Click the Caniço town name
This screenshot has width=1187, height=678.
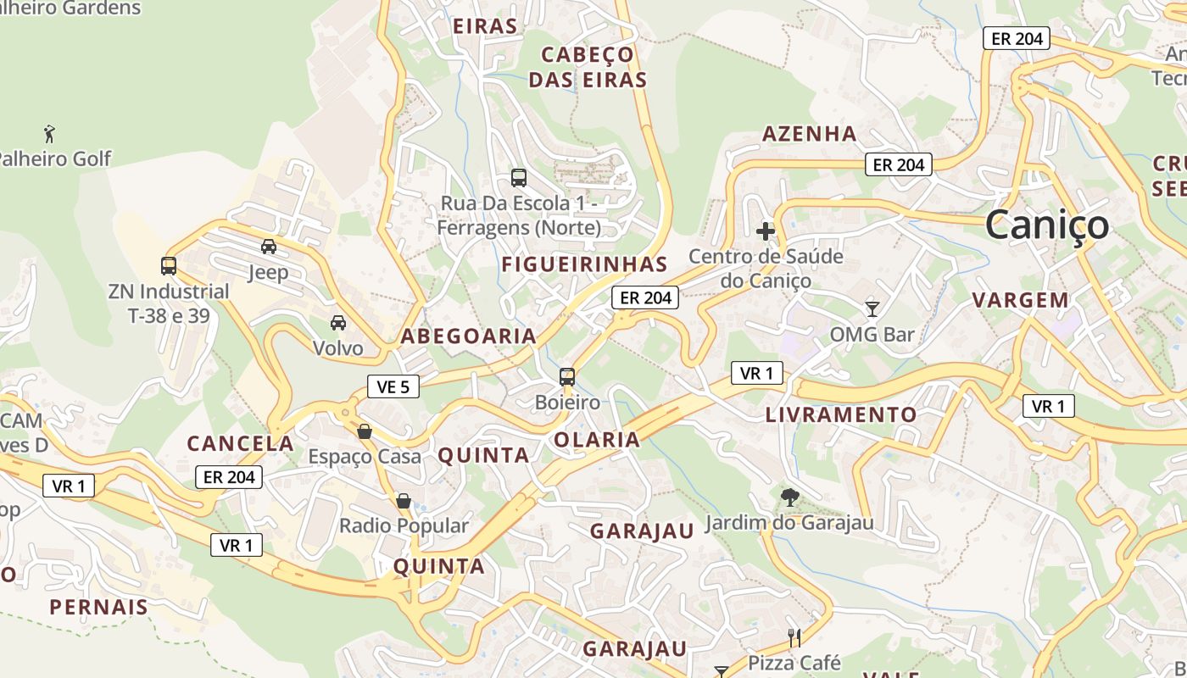(1047, 225)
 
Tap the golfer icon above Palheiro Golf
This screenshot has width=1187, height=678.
(50, 133)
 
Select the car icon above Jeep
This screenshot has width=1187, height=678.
(269, 247)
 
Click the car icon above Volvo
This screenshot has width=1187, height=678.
(337, 323)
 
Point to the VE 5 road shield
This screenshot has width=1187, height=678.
(393, 387)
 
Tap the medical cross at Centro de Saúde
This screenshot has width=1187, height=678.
(766, 231)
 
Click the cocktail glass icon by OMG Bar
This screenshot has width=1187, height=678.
(872, 308)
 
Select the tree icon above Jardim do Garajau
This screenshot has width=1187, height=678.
(789, 497)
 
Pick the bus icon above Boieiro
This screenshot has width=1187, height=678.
(567, 377)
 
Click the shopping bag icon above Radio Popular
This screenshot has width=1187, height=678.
(404, 501)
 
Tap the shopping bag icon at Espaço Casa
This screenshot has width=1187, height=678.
(365, 431)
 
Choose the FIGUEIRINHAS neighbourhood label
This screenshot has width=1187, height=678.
(584, 264)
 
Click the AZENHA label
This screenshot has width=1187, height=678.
(809, 134)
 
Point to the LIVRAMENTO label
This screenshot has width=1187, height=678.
(841, 415)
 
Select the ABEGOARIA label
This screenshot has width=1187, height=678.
(468, 336)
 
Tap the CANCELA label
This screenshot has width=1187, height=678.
(240, 444)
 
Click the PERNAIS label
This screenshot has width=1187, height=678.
(98, 608)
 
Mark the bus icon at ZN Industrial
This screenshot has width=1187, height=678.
(169, 266)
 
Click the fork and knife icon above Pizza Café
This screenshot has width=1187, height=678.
(794, 637)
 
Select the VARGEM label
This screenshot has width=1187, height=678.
(1020, 300)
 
